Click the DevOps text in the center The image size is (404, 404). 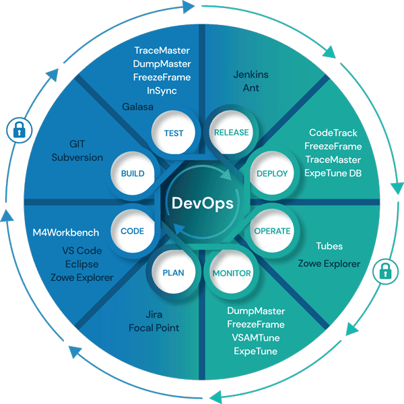point(201,203)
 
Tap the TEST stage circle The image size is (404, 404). point(173,133)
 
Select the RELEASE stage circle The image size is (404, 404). point(231,133)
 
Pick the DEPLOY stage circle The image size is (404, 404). point(272,173)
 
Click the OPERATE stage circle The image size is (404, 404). point(272,231)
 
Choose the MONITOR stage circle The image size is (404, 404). point(232,273)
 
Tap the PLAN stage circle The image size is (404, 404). point(173,273)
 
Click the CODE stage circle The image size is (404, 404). point(132,231)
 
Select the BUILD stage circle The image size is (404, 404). point(132,173)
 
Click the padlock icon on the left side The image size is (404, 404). point(18,130)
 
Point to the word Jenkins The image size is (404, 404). point(250,75)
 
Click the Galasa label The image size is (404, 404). point(138,106)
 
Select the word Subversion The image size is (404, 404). point(77,158)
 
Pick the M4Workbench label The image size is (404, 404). point(66,232)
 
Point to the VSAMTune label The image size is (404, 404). point(256,338)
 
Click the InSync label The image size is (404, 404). point(162,90)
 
